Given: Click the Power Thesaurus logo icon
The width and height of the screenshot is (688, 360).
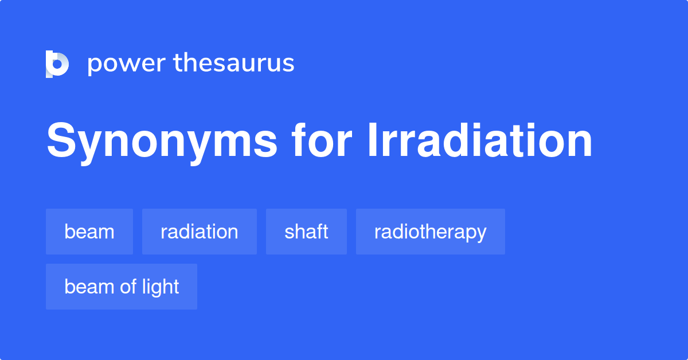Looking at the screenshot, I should (57, 64).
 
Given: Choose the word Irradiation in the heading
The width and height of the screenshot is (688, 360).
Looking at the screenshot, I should (479, 141).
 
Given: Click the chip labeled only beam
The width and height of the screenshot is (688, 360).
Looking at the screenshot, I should (89, 232).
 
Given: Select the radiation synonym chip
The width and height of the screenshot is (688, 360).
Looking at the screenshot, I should (200, 232).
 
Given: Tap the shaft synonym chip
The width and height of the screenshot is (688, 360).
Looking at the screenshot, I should (306, 232).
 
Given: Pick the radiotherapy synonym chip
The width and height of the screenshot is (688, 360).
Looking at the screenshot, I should (430, 232).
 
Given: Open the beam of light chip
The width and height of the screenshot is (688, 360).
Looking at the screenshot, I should (122, 287).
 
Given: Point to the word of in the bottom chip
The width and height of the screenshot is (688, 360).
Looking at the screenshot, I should (128, 287).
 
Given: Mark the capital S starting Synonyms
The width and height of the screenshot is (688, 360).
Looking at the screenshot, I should (61, 141).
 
